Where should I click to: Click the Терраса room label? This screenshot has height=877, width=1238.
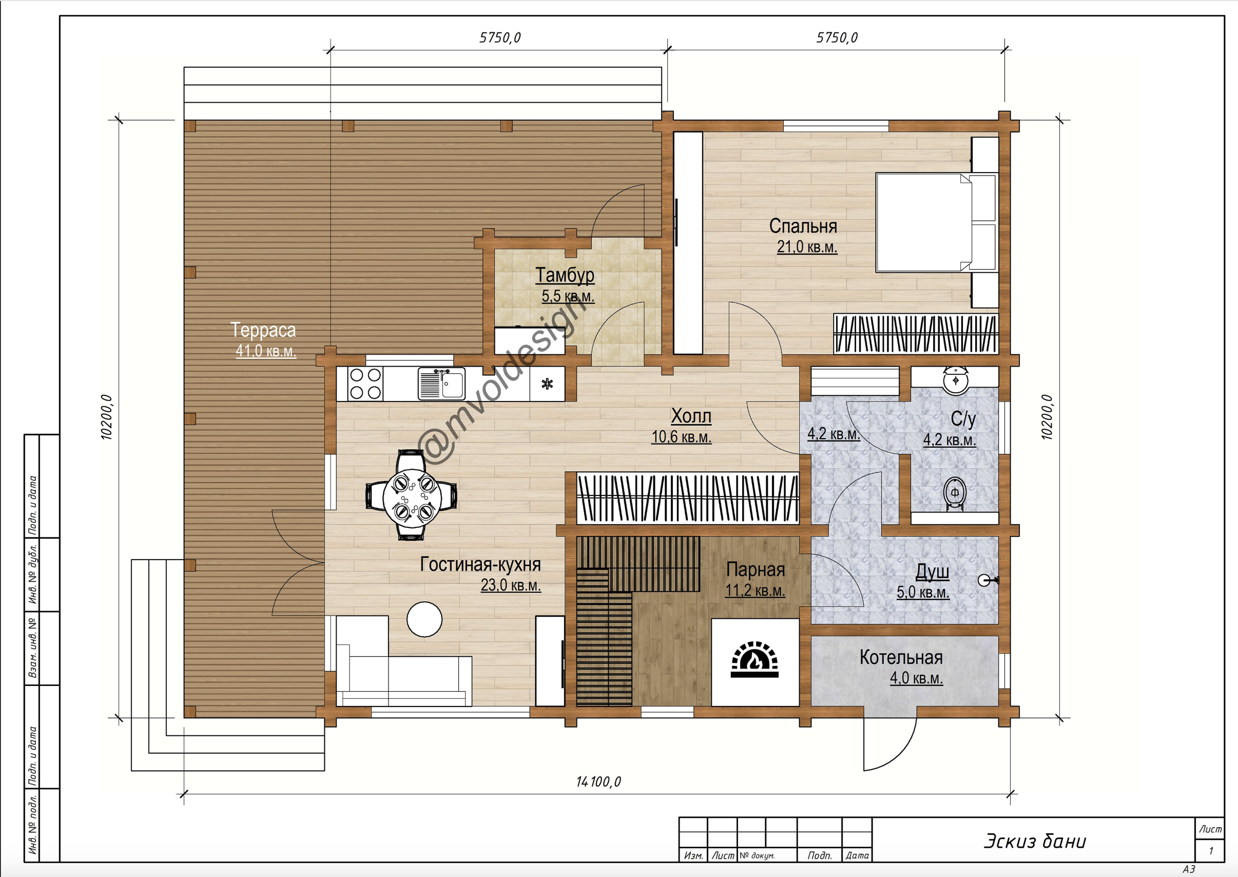point(263,330)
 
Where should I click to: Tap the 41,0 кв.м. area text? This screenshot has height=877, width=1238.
point(265,351)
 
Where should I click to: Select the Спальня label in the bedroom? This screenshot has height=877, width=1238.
point(803,226)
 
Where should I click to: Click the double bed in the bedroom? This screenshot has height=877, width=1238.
point(936,222)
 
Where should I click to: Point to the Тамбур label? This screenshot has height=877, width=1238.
point(565,275)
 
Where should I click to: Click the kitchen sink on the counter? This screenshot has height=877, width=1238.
point(441,384)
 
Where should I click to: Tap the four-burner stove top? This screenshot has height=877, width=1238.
point(365,384)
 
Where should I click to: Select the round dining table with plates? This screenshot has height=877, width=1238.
point(412,494)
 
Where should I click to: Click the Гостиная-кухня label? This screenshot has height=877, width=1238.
point(480,564)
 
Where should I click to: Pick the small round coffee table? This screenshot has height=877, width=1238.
point(424,619)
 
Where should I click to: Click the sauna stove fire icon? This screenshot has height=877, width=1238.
point(755,659)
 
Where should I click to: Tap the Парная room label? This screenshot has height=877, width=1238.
point(755,570)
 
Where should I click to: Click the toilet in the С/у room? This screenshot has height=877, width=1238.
point(955,492)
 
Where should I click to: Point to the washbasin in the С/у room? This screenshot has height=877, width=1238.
point(955,380)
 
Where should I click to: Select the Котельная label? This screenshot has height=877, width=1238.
point(901,657)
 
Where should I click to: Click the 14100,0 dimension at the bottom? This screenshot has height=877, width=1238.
point(598,781)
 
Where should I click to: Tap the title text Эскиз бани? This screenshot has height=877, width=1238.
point(1035,842)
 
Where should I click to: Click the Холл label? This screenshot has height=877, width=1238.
point(691,416)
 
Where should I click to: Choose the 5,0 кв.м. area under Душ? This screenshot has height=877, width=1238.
point(923,593)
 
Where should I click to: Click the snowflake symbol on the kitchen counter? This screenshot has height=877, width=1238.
point(547,384)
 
